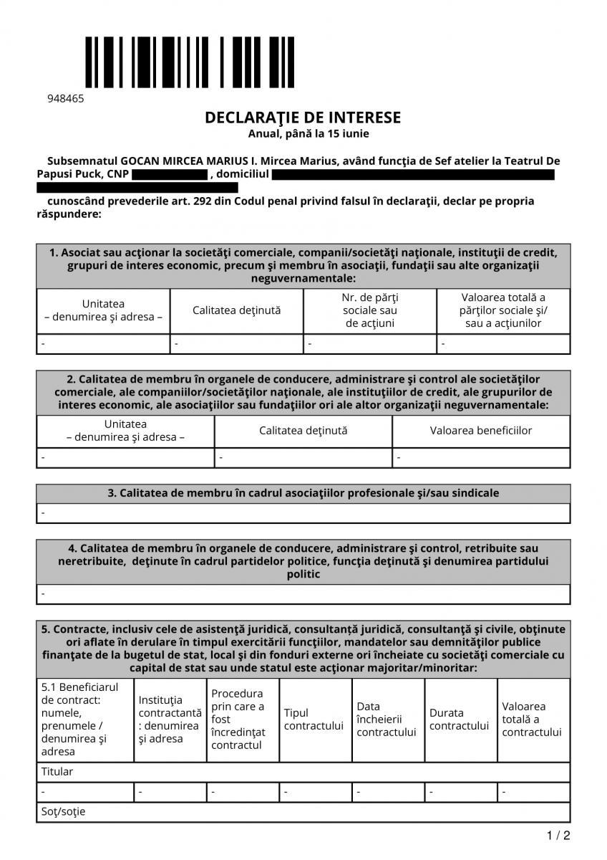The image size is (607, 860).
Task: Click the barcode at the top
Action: [x=190, y=62]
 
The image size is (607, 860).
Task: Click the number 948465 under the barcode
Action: [x=65, y=99]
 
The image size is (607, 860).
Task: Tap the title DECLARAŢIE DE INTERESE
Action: [x=303, y=118]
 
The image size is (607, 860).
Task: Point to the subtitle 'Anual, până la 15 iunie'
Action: [x=309, y=133]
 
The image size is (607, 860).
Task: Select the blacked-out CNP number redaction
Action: [x=170, y=174]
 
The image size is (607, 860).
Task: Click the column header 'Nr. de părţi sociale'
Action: [x=370, y=310]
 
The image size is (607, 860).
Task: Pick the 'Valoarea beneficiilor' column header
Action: [x=481, y=431]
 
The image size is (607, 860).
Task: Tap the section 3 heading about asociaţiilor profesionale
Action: [x=303, y=493]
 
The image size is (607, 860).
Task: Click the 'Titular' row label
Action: [x=57, y=772]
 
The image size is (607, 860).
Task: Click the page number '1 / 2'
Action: [x=558, y=836]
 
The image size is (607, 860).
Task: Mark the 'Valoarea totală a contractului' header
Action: [x=532, y=720]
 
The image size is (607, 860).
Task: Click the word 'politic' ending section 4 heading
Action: [x=303, y=574]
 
